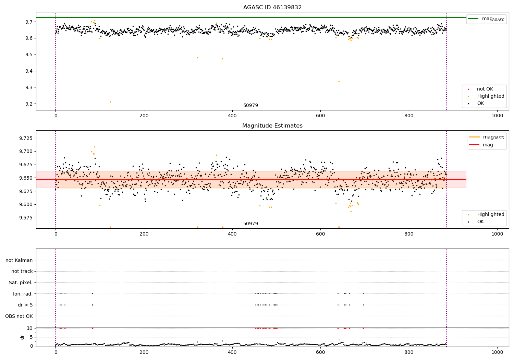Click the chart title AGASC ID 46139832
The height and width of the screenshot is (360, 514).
272,8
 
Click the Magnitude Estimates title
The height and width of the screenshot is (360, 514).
272,126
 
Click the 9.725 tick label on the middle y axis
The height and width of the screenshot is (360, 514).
25,138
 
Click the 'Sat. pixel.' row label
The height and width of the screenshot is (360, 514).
21,283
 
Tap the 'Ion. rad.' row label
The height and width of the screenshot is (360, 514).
23,294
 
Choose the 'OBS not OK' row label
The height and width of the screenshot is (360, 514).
19,316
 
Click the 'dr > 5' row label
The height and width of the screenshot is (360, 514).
25,305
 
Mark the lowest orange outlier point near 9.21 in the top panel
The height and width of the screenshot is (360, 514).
110,102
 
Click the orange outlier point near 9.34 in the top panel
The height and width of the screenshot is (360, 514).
339,81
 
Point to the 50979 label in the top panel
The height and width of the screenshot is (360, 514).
250,106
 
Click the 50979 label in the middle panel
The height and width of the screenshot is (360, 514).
250,224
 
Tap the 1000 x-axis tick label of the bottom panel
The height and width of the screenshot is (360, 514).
497,352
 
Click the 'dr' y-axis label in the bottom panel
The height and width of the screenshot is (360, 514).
22,337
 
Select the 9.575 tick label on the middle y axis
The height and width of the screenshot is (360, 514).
25,218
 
